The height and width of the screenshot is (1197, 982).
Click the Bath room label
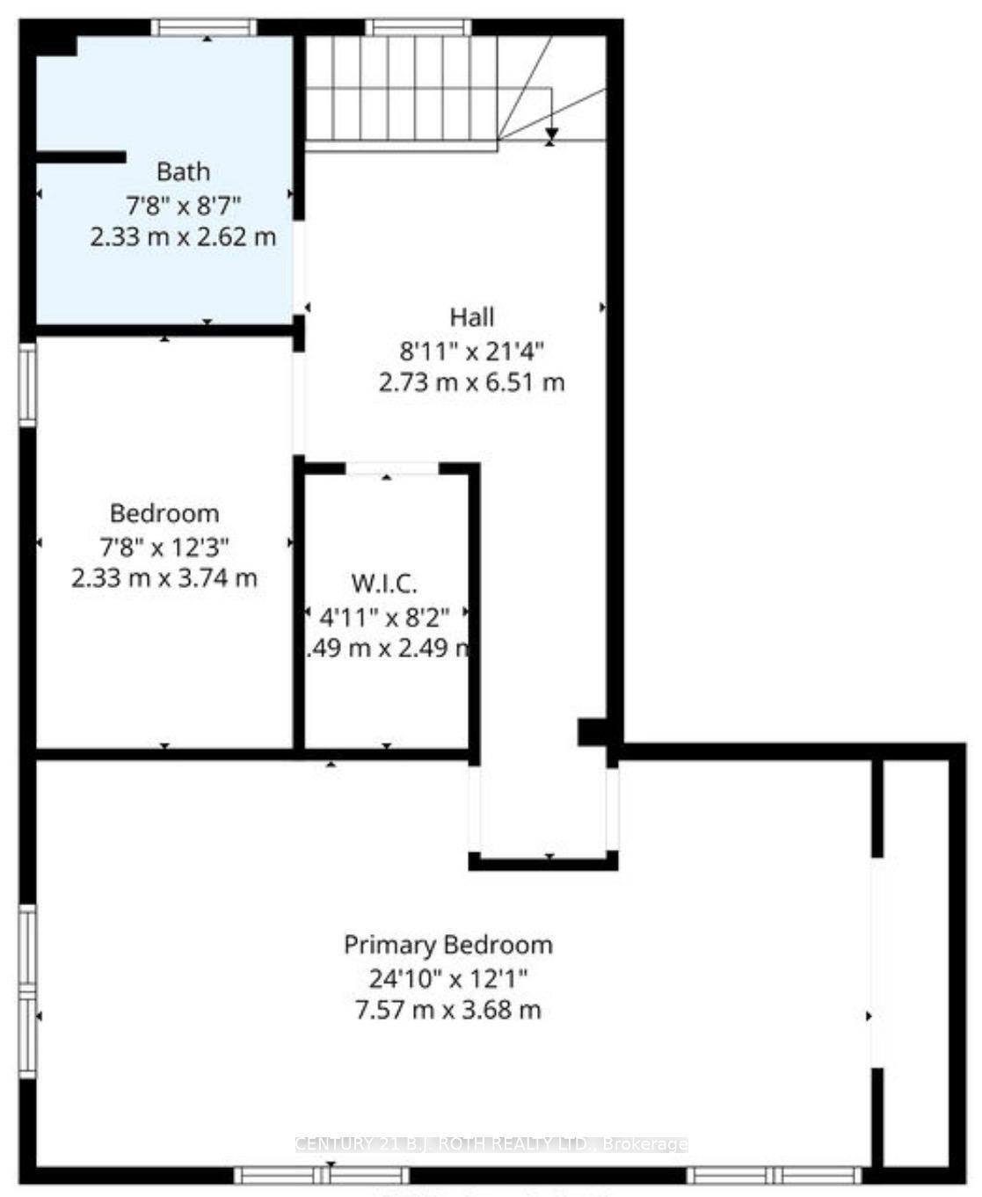(x=183, y=171)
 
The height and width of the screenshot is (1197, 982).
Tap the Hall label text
(x=472, y=317)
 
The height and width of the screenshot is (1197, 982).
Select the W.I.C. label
(x=384, y=584)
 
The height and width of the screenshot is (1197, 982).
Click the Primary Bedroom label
(x=448, y=946)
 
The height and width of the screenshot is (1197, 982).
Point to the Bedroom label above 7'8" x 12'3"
(x=164, y=513)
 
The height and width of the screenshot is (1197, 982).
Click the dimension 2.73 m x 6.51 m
(x=472, y=383)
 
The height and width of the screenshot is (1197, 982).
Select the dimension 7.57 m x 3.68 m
(x=448, y=1010)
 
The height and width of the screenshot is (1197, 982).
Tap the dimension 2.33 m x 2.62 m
(x=183, y=237)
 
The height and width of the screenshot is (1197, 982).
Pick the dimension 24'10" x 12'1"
(x=448, y=978)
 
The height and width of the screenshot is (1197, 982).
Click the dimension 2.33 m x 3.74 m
(x=164, y=578)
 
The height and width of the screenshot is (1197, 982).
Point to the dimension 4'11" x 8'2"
(x=384, y=617)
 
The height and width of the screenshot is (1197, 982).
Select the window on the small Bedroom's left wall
(x=28, y=385)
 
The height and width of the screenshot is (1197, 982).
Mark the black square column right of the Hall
(x=590, y=731)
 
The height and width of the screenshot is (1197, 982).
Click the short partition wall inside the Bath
(x=81, y=157)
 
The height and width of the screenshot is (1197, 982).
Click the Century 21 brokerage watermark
(x=491, y=1144)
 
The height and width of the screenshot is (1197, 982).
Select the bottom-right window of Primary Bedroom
(x=774, y=1174)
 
